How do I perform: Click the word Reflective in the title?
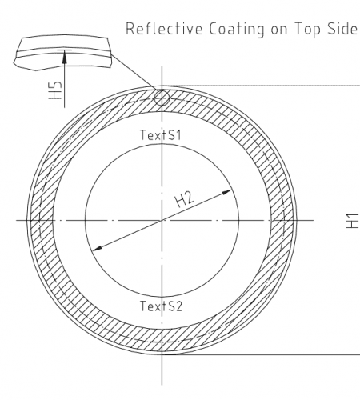164,29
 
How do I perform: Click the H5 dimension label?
55,90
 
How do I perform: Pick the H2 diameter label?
184,199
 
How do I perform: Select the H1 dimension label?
352,221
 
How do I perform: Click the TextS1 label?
161,135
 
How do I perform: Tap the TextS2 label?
161,306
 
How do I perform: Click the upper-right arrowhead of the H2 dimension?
227,192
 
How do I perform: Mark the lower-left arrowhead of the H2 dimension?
97,248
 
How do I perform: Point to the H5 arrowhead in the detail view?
64,57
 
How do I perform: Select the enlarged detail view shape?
63,53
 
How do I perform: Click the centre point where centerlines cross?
162,221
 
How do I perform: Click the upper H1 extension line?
261,86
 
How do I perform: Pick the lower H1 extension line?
261,355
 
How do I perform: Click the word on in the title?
279,30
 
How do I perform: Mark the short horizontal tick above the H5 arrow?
65,50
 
